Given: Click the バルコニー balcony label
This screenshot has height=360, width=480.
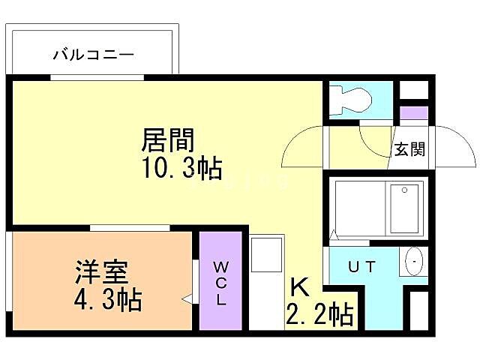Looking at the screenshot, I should [x=93, y=54].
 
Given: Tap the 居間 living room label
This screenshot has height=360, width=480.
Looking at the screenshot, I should [x=168, y=140].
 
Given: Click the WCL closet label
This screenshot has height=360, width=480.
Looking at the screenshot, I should [x=220, y=283].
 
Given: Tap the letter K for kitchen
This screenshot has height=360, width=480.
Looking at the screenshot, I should [x=300, y=287].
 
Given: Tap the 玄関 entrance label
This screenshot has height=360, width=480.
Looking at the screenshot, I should [x=410, y=149].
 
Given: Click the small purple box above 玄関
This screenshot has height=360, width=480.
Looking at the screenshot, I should [x=412, y=114].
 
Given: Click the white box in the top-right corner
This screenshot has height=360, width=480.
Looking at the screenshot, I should [x=412, y=90].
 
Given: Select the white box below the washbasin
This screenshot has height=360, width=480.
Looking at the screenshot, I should [x=418, y=307].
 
